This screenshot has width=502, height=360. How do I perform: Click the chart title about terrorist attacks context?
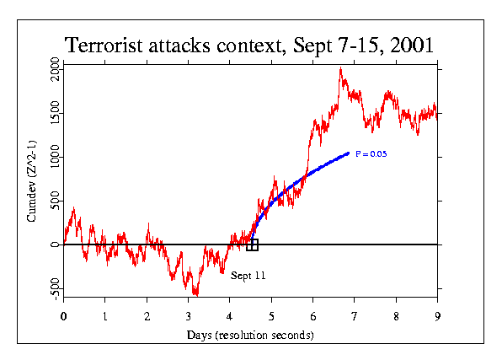click(x=248, y=46)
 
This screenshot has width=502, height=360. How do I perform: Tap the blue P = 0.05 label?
click(x=371, y=154)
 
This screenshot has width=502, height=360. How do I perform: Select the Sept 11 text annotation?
click(x=248, y=276)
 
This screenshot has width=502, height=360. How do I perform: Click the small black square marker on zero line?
click(x=253, y=244)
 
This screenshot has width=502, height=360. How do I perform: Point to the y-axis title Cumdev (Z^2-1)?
click(x=32, y=181)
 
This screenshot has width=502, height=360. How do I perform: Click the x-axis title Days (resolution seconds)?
click(x=250, y=335)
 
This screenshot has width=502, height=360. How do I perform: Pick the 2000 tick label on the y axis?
click(x=55, y=69)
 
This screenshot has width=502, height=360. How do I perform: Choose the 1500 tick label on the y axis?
click(x=55, y=113)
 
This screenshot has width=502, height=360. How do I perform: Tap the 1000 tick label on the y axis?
click(x=55, y=157)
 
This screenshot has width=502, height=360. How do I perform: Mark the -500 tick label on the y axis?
click(x=55, y=289)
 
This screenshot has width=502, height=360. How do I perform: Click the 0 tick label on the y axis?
click(x=55, y=244)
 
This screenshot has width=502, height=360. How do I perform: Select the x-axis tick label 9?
click(x=438, y=316)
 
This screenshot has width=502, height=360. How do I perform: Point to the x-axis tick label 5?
click(x=271, y=316)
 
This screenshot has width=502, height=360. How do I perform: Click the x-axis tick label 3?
click(x=189, y=316)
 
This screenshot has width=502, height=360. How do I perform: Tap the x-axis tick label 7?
click(x=354, y=316)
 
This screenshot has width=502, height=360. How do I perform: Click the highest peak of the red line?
click(x=340, y=67)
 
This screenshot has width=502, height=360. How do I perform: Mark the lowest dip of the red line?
click(x=196, y=295)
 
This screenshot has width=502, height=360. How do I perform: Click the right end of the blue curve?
click(x=349, y=153)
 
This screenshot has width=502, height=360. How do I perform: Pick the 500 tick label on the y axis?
click(x=55, y=201)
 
